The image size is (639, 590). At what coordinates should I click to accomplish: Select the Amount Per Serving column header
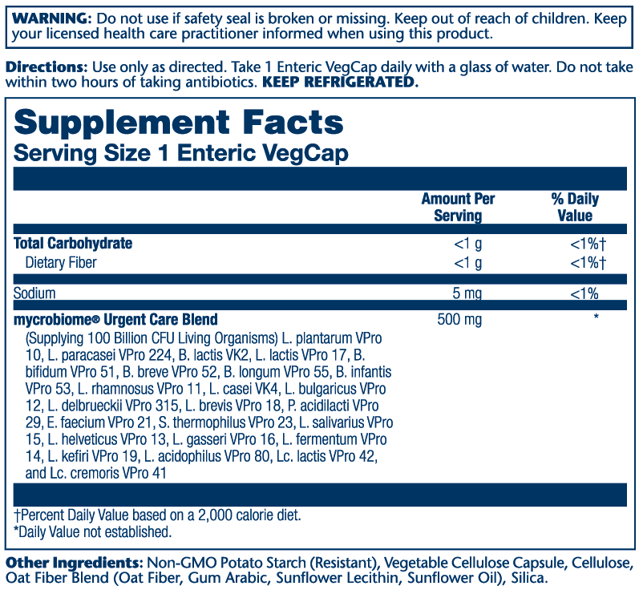[458, 207]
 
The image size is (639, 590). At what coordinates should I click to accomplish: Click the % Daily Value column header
[575, 207]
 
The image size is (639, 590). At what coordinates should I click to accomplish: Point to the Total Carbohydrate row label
[73, 244]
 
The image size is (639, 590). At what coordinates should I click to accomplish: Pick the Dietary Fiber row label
[67, 262]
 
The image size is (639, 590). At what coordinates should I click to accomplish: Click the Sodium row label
[34, 293]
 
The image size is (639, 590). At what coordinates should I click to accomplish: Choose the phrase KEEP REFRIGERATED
[340, 83]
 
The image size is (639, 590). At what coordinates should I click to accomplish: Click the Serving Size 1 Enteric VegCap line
[181, 153]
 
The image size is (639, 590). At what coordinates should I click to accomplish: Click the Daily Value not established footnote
[92, 531]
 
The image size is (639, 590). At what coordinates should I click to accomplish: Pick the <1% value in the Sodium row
[584, 293]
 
